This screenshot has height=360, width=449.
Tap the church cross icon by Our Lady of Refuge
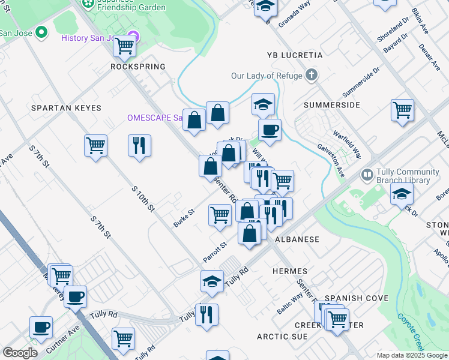pyautogui.click(x=311, y=75)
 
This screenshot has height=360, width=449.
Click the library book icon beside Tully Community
pyautogui.click(x=367, y=175)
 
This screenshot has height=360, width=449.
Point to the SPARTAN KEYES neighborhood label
pyautogui.click(x=67, y=108)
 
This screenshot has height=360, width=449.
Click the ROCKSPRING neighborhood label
pyautogui.click(x=137, y=67)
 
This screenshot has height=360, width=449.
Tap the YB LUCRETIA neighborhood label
pyautogui.click(x=295, y=55)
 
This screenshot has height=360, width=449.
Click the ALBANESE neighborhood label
pyautogui.click(x=297, y=239)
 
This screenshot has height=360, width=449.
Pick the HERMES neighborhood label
pyautogui.click(x=290, y=271)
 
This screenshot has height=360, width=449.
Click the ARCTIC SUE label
pyautogui.click(x=282, y=337)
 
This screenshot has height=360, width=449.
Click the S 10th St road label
pyautogui.click(x=143, y=199)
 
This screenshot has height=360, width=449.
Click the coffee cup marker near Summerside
pyautogui.click(x=270, y=130)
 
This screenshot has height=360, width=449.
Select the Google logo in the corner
pyautogui.click(x=20, y=353)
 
